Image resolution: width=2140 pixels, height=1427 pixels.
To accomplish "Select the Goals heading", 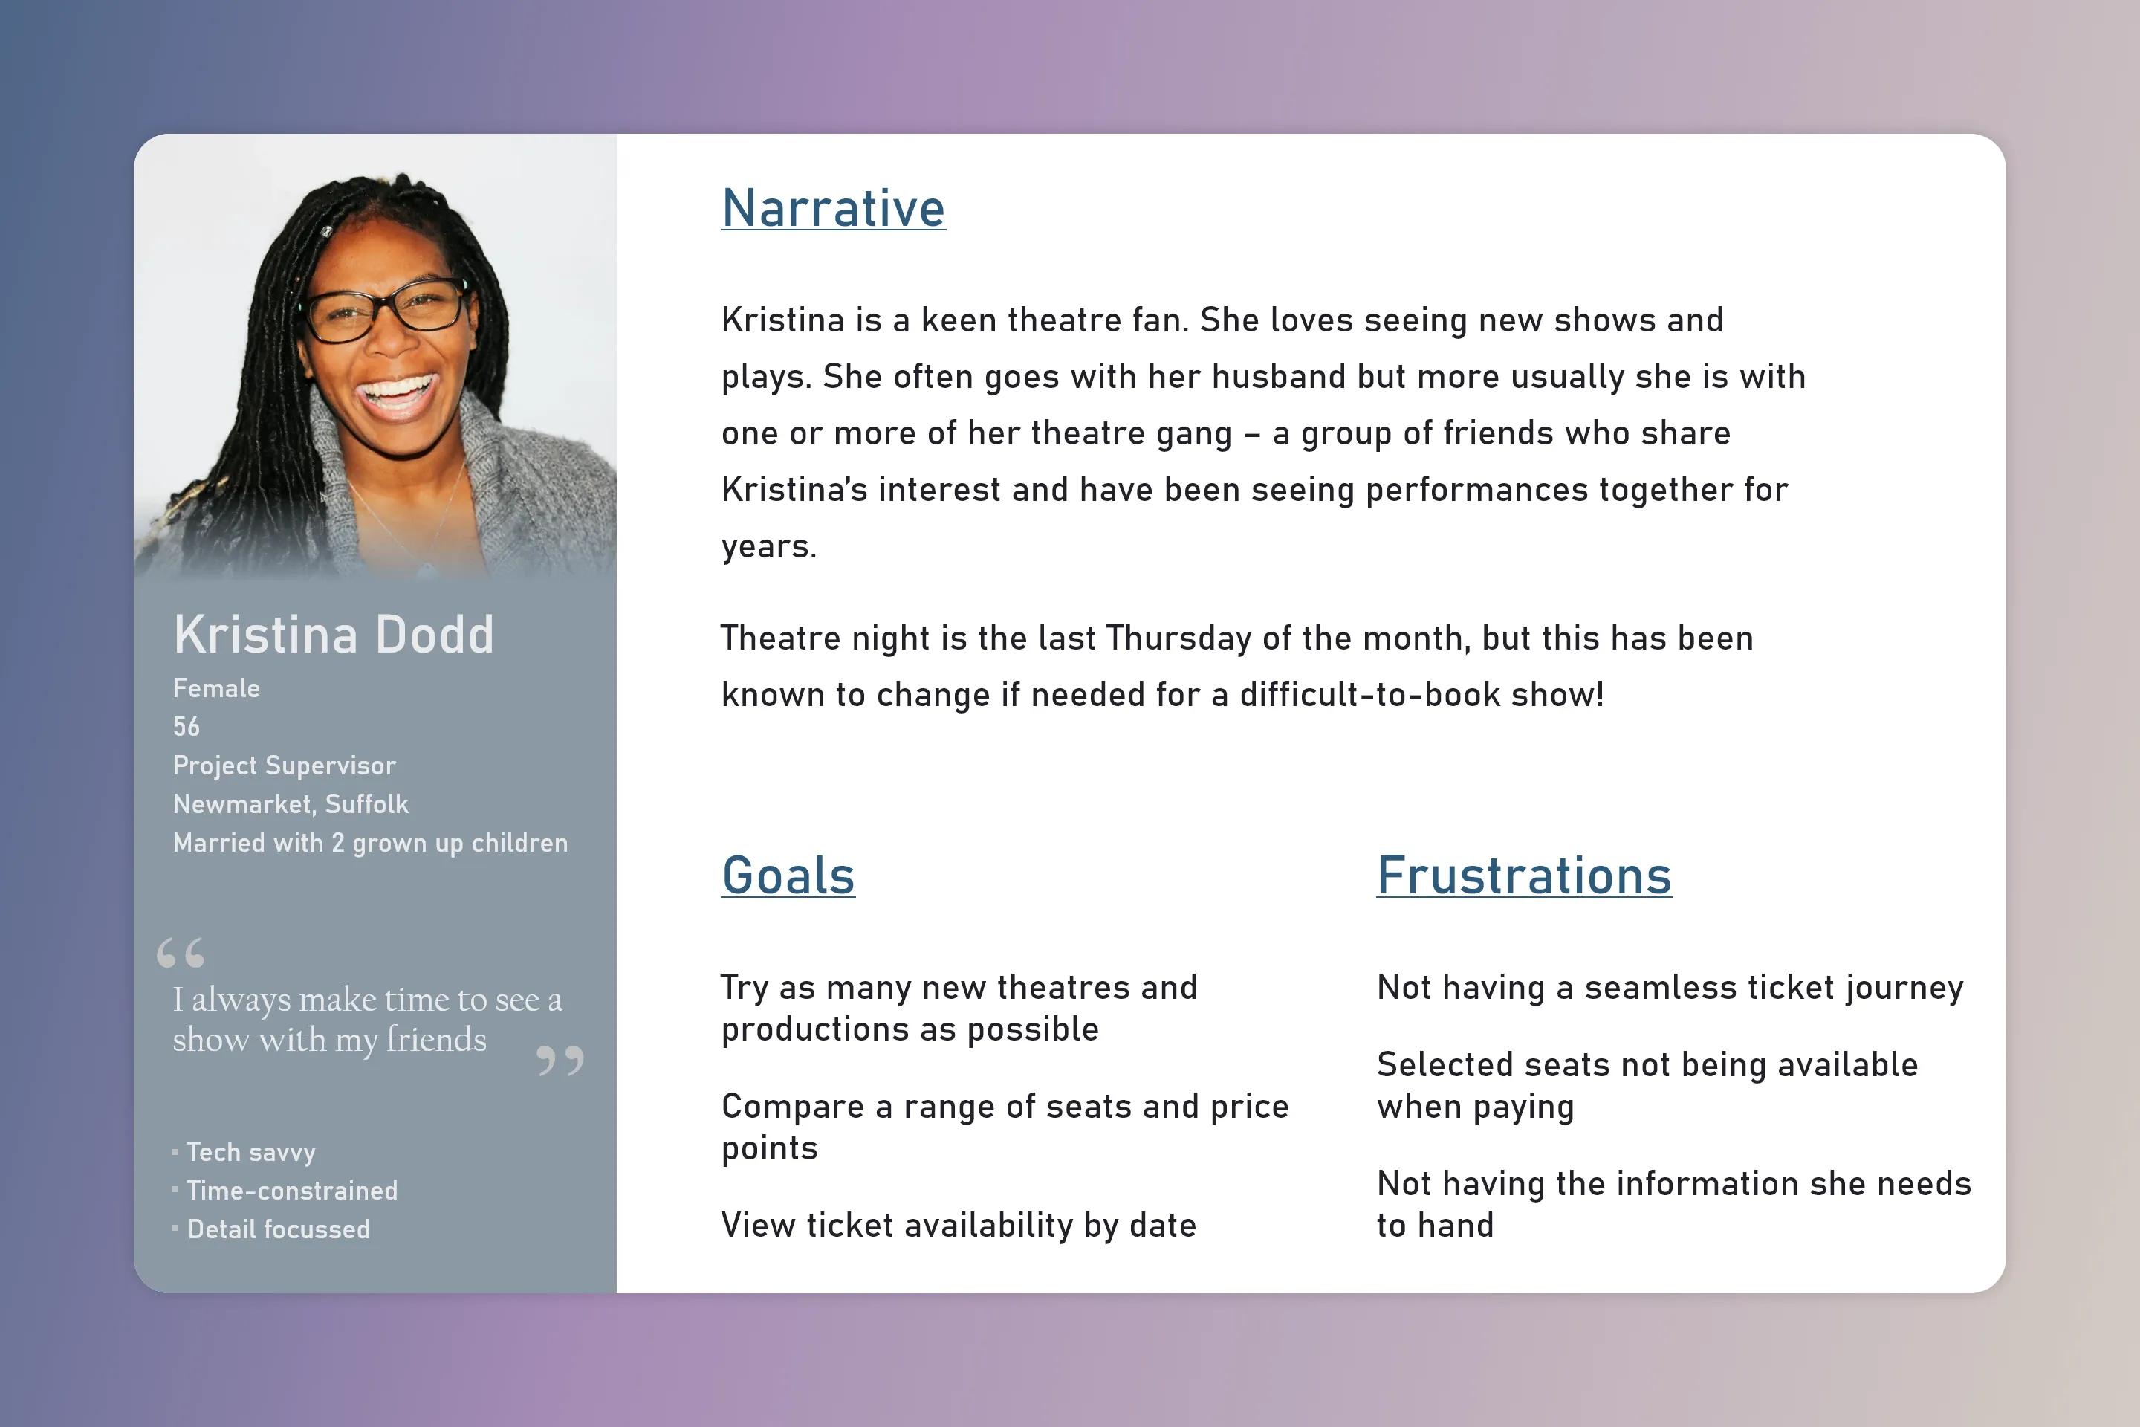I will [788, 876].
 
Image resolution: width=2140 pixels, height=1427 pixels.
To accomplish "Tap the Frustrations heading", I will [1523, 876].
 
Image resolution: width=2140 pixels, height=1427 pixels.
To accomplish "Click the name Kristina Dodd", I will [333, 634].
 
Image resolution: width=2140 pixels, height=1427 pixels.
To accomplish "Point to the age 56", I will [186, 727].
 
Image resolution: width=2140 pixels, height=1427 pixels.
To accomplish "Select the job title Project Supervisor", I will [284, 766].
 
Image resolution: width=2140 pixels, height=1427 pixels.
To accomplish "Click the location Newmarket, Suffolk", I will [291, 804].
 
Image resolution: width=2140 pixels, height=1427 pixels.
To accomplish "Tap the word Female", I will [215, 689].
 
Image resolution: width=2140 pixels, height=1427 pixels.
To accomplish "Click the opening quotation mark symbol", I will [180, 953].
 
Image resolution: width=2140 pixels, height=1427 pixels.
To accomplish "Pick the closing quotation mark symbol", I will [560, 1061].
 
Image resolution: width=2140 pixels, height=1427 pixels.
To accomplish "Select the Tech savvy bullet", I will [250, 1152].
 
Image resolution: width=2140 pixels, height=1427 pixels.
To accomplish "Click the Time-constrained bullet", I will [291, 1191].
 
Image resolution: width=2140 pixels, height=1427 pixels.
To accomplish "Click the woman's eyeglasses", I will [386, 311].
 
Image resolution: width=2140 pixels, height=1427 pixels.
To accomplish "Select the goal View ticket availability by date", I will [958, 1225].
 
